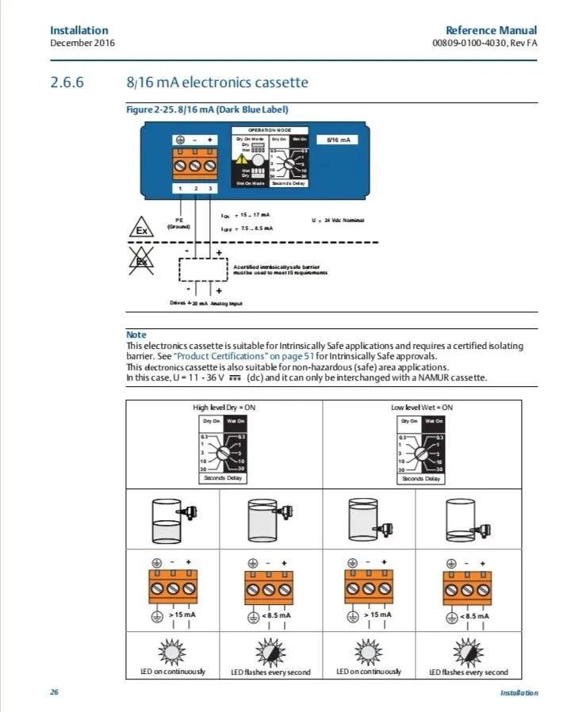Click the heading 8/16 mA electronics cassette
pos(217,82)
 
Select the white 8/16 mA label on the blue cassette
pos(338,140)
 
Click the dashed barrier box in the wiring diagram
pos(202,270)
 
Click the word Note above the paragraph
pos(136,335)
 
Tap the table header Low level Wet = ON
pos(422,408)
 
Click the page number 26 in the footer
pos(55,692)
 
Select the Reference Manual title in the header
pos(491,30)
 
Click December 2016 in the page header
pos(82,42)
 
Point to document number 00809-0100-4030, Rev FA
pos(484,42)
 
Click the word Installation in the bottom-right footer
pos(519,693)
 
